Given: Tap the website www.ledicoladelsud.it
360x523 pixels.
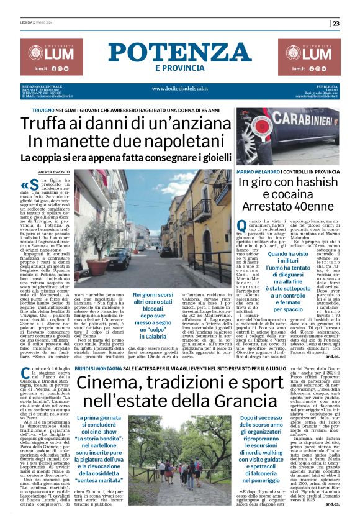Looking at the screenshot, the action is (x=179, y=88).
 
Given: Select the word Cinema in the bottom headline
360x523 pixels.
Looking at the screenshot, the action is (x=109, y=365).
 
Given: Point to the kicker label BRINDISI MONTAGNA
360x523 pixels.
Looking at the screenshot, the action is (x=97, y=350).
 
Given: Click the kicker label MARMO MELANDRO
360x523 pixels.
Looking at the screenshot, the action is (x=256, y=170).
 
